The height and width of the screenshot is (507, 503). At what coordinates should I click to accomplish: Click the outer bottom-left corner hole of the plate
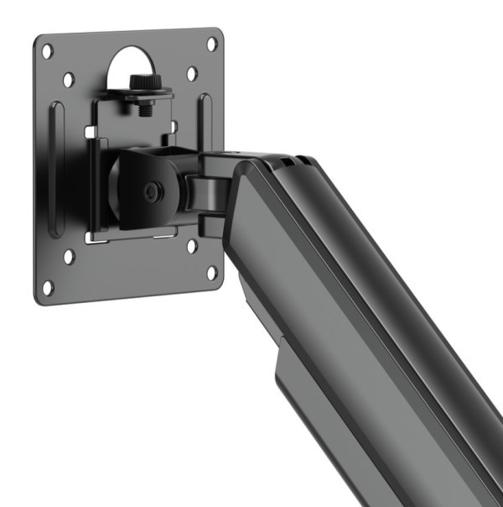click(48, 286)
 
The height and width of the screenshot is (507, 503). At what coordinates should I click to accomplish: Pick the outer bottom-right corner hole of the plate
click(212, 273)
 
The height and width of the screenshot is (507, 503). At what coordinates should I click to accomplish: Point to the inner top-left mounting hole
click(69, 80)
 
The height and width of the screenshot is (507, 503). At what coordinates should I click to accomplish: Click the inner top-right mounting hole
click(192, 73)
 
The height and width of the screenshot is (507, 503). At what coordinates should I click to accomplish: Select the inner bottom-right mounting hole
click(192, 246)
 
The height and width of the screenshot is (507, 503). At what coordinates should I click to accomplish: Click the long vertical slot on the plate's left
click(56, 168)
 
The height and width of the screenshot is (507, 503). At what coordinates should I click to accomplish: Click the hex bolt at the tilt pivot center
click(151, 192)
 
